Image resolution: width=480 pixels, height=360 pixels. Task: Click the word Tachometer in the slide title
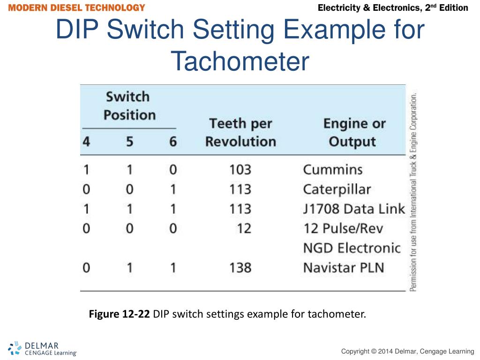point(240,61)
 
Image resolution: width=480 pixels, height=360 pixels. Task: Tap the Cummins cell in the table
point(332,169)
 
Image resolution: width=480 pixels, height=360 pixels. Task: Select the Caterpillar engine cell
point(337,189)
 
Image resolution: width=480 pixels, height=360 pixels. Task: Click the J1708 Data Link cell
point(353,209)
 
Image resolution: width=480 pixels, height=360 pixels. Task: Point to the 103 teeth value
point(240,169)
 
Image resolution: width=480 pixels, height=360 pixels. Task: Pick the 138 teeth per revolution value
point(240,268)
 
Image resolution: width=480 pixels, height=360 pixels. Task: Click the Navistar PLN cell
point(343,268)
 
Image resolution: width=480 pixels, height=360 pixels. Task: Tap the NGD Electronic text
point(352,247)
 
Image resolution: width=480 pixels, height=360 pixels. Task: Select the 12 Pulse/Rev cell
point(343,229)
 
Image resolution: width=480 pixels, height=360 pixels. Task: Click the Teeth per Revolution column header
point(240,132)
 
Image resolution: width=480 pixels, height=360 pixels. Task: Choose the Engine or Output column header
point(354,132)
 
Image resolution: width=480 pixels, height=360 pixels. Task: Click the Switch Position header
point(129,106)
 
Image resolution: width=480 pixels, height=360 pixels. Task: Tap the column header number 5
point(129,142)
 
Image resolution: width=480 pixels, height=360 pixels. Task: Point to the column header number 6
point(173,142)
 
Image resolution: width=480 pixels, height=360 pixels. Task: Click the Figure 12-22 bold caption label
point(119,314)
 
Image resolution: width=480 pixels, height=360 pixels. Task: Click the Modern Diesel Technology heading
point(77,8)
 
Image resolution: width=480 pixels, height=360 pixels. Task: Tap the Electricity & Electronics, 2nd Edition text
point(393,8)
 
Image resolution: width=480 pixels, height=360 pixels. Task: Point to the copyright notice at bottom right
point(407,352)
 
